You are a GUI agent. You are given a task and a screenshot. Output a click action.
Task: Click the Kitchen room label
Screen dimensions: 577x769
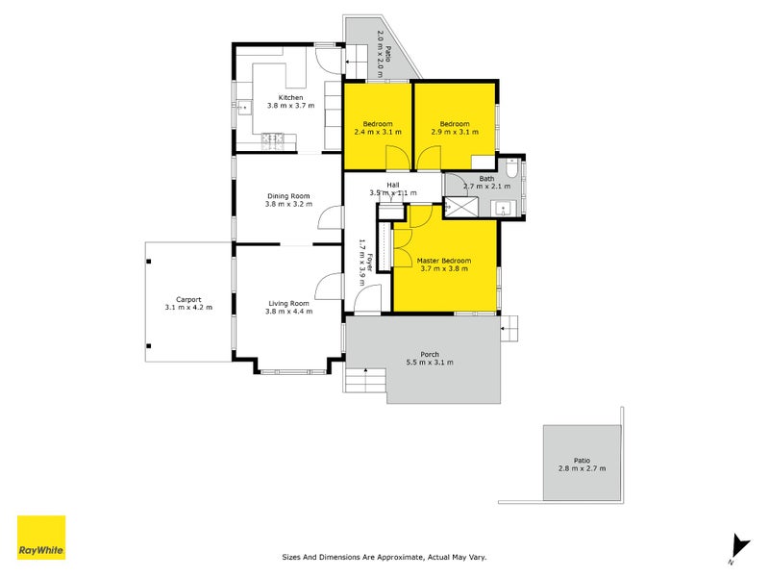coord(290,97)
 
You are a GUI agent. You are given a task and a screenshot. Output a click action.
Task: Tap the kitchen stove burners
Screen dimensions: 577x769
coord(272,140)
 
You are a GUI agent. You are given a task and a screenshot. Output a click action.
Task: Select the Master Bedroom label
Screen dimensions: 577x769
coord(443,261)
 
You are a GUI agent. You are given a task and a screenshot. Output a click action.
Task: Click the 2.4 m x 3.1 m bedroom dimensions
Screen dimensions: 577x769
coord(377,133)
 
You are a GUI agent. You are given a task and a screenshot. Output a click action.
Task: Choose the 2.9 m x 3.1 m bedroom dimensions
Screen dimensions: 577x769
coord(455,133)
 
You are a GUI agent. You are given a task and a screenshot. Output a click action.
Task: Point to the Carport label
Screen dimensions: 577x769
coord(187,299)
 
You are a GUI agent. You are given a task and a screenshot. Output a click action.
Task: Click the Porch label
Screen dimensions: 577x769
coord(430,354)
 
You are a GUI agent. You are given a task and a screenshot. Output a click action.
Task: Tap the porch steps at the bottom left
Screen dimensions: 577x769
coord(365,382)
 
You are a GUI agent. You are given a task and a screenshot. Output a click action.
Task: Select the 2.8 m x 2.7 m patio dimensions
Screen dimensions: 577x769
coord(582,468)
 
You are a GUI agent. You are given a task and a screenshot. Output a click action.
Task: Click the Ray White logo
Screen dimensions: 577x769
coord(41,538)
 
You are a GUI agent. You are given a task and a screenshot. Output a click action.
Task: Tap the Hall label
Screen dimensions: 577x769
coord(393,185)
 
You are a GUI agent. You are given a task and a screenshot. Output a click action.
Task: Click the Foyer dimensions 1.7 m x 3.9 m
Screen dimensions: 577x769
coord(362,263)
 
